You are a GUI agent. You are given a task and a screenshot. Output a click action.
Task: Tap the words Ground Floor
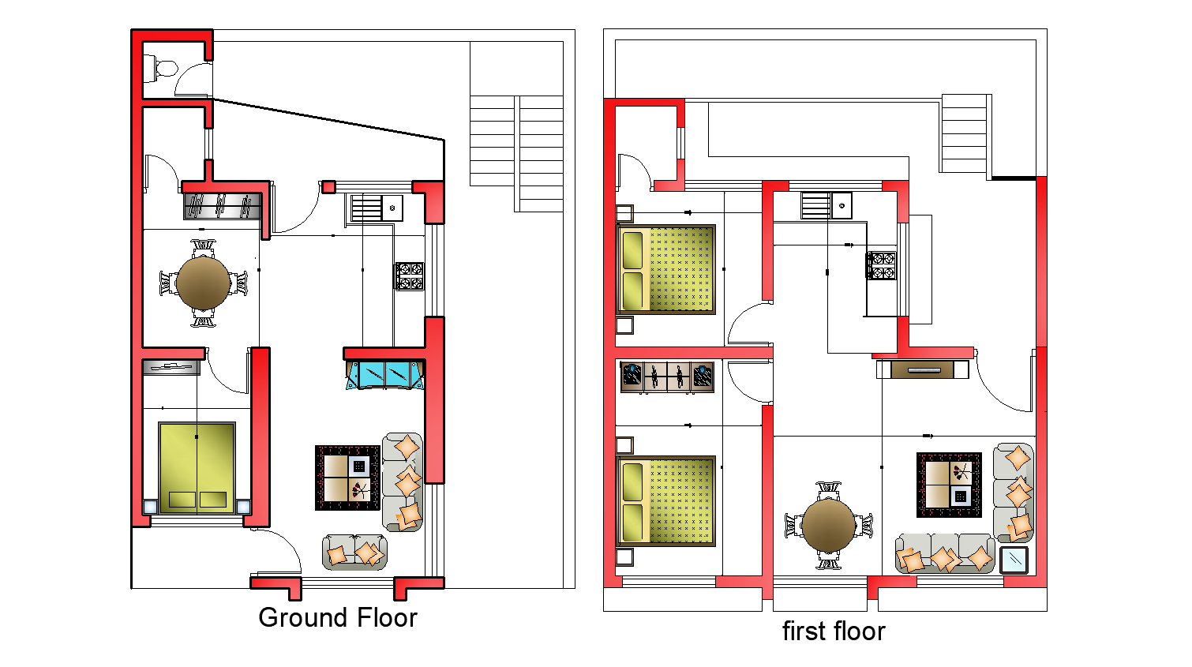(x=337, y=617)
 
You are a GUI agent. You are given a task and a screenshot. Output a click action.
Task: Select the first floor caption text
(x=833, y=631)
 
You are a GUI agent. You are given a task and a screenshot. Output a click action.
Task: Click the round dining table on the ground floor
(x=204, y=283)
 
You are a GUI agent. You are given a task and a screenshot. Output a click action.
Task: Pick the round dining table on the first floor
(x=828, y=525)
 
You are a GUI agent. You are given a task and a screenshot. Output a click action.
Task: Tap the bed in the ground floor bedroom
(x=197, y=467)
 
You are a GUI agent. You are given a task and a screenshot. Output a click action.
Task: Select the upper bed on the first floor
(x=665, y=269)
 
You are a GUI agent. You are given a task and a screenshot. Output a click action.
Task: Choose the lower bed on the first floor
(x=665, y=501)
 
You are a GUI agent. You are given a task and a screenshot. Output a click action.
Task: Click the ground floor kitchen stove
(x=410, y=276)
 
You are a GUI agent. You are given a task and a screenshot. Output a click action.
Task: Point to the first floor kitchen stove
(x=882, y=265)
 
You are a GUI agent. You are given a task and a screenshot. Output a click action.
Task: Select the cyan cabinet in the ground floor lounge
(x=384, y=375)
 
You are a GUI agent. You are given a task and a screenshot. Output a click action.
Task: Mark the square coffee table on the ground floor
(x=347, y=478)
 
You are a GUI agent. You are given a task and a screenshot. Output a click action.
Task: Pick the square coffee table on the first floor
(x=949, y=485)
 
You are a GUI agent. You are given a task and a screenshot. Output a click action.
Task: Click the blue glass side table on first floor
(x=1014, y=560)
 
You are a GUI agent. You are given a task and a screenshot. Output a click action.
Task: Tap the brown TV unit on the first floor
(x=922, y=369)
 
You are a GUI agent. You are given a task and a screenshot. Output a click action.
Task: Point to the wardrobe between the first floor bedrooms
(x=667, y=377)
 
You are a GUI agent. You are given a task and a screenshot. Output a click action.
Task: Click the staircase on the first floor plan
(x=964, y=133)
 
